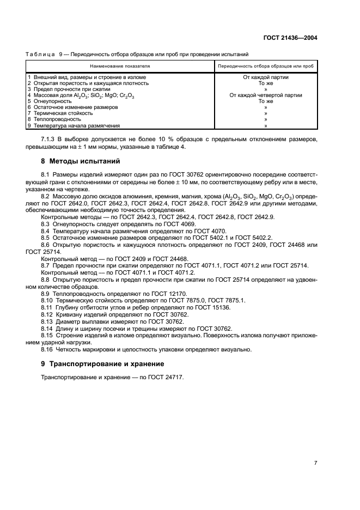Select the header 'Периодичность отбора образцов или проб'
click(x=265, y=65)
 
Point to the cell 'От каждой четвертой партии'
click(x=265, y=95)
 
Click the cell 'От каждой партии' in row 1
click(x=265, y=77)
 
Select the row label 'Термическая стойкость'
click(x=61, y=113)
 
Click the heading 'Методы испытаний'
click(x=85, y=161)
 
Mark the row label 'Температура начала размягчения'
click(x=75, y=125)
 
